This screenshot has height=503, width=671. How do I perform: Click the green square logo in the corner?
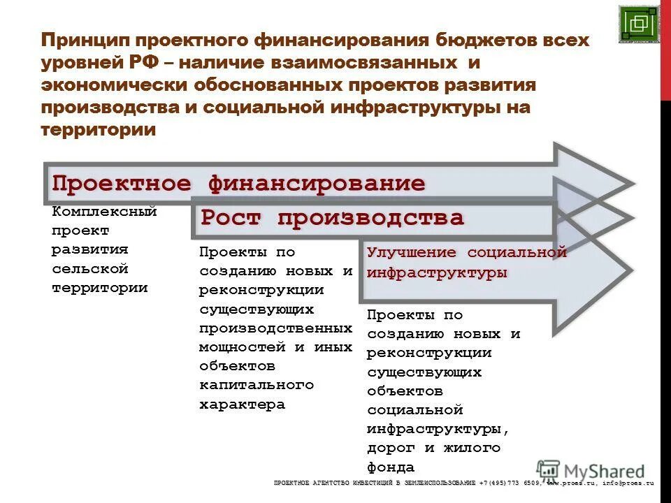(x=638, y=24)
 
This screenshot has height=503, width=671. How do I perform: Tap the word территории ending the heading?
(x=98, y=130)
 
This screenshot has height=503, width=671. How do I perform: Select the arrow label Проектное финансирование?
(x=238, y=184)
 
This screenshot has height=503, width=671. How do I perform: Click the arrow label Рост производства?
(x=332, y=218)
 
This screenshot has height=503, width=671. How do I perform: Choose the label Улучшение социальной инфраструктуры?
(x=466, y=263)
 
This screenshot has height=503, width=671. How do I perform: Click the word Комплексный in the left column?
(x=104, y=211)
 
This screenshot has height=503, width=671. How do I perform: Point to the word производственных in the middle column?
(x=275, y=328)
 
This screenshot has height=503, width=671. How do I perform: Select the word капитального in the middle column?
(x=257, y=385)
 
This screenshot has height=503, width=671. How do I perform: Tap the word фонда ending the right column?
(x=391, y=467)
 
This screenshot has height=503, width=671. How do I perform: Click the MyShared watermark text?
(x=604, y=472)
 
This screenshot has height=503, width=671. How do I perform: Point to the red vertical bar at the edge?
(x=665, y=49)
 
